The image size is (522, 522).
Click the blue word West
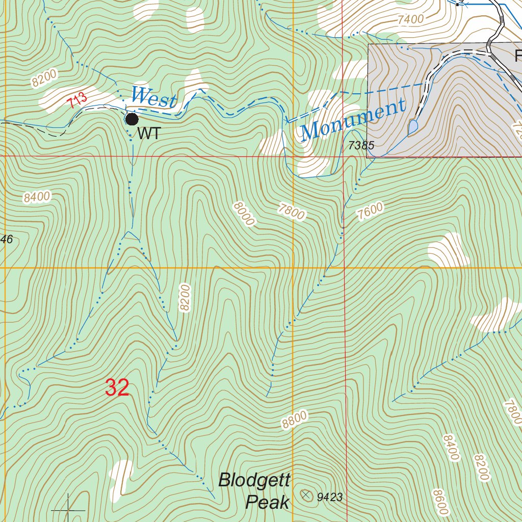coord(153,97)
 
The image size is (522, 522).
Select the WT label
coord(149,135)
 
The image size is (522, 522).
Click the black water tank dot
coord(132,119)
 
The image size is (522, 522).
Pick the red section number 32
coord(117,388)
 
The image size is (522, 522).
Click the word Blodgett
coord(254,480)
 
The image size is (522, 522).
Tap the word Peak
coord(267,503)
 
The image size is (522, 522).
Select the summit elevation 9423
coord(329,497)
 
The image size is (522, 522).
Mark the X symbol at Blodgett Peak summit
coord(306,494)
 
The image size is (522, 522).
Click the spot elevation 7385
coord(361,146)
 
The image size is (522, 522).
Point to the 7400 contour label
coord(410,19)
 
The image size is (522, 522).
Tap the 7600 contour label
coord(370,211)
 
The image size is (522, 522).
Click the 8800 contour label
coord(294,419)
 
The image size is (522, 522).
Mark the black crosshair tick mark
coord(68,509)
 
